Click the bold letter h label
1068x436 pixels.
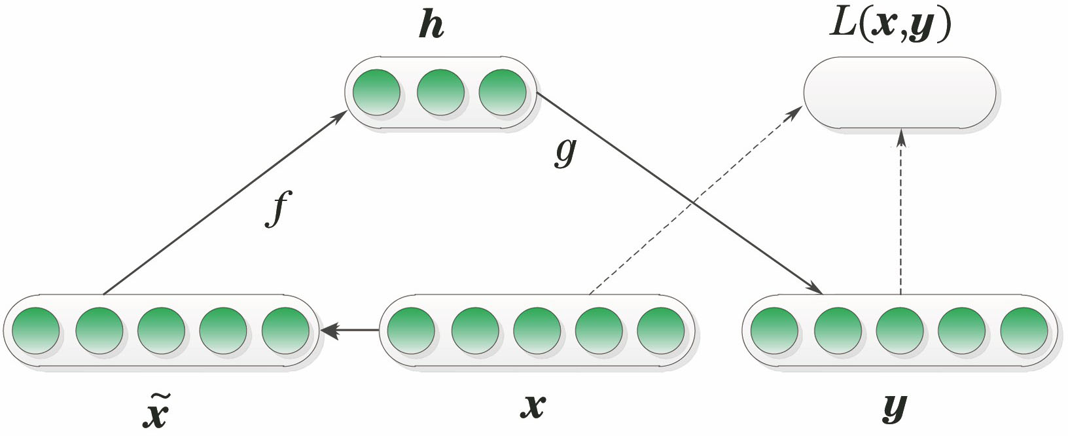click(431, 27)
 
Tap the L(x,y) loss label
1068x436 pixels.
click(890, 26)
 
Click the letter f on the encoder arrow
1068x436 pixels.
click(277, 208)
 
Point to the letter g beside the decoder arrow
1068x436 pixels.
click(565, 152)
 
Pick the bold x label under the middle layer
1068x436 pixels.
click(533, 407)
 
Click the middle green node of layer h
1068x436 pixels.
click(440, 92)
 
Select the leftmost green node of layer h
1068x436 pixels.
click(376, 92)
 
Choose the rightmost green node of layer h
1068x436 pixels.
click(503, 92)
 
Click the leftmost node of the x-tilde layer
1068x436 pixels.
click(35, 331)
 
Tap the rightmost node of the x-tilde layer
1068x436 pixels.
click(285, 331)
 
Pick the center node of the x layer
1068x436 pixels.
click(537, 331)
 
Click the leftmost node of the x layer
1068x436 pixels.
click(411, 331)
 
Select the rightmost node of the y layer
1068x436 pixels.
click(1024, 331)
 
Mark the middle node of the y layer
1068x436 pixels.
click(900, 331)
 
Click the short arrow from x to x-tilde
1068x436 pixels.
click(350, 331)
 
